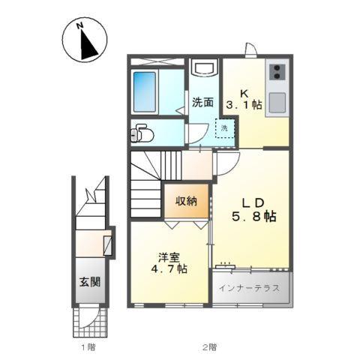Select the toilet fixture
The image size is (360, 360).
141,134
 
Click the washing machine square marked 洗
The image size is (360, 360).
224,128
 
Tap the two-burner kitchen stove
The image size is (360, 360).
277,73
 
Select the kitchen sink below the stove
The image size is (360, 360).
277,100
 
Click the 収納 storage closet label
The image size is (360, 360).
187,200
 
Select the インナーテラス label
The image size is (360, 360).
250,287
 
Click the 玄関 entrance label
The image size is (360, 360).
91,283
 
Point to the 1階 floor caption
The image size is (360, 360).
88,348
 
